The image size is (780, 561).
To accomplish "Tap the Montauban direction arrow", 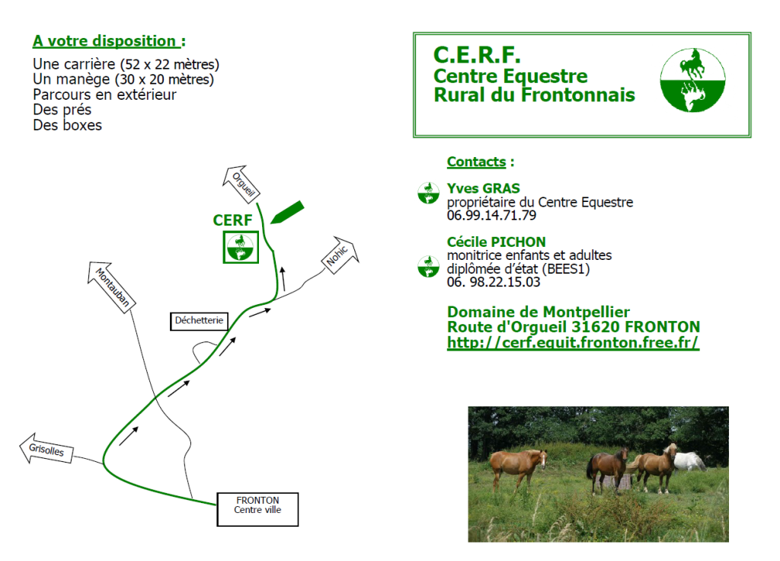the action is (111, 287).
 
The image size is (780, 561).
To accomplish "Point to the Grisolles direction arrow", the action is (46, 448).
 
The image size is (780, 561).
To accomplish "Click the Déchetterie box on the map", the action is (199, 321).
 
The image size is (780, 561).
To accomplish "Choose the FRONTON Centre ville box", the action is (257, 509).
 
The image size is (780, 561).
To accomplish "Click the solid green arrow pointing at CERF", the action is (287, 213).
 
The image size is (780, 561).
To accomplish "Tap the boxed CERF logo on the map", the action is (241, 247).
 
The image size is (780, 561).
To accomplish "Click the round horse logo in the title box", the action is (692, 80).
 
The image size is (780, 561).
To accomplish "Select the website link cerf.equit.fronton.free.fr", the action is (573, 342).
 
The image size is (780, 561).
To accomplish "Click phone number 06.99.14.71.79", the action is (491, 216).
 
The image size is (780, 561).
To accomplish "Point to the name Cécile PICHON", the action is (496, 242).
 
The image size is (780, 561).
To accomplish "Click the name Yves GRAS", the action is (483, 189).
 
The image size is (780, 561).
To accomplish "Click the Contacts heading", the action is (476, 162).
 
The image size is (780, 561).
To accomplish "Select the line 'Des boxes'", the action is (67, 125).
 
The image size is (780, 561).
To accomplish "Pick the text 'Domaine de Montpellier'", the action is (539, 312).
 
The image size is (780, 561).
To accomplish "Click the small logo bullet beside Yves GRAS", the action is (428, 193).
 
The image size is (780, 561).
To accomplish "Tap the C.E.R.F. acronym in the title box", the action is (477, 55).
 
